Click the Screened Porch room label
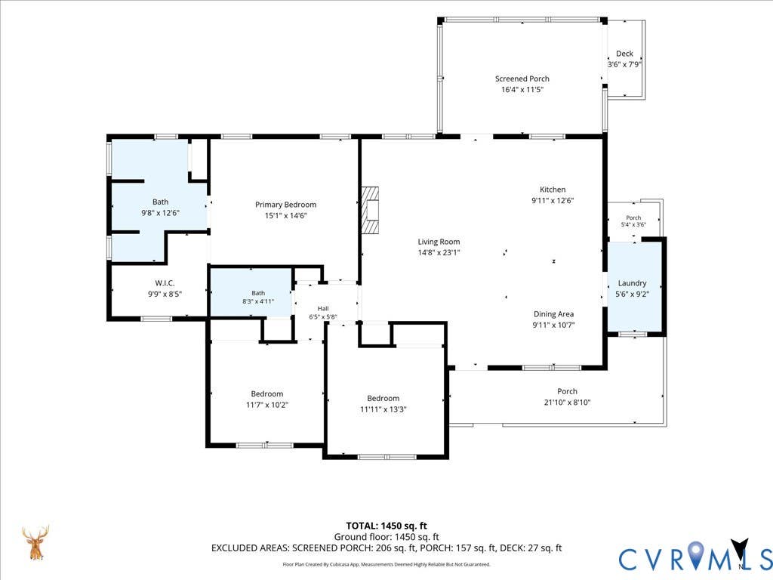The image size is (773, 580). tap(522, 79)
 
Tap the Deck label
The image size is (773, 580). tap(624, 54)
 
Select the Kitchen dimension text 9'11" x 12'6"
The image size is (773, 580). tap(553, 201)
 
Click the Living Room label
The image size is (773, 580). tap(439, 242)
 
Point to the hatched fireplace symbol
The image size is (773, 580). tap(370, 210)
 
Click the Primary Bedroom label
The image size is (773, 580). tap(286, 205)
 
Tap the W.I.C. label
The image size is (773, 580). tap(165, 283)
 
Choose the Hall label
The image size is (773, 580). tap(323, 309)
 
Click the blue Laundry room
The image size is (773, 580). tap(633, 287)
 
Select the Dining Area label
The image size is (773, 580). tap(553, 314)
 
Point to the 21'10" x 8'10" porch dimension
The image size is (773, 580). tap(568, 403)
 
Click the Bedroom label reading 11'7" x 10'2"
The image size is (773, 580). tap(267, 394)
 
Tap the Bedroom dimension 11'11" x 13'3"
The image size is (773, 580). tap(383, 409)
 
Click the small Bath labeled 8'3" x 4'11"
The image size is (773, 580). tap(251, 293)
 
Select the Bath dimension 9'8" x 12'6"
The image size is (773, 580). tap(160, 213)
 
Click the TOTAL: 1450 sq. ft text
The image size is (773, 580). tap(386, 526)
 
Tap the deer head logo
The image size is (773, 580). tap(35, 542)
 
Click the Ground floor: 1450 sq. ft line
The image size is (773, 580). tap(386, 537)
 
